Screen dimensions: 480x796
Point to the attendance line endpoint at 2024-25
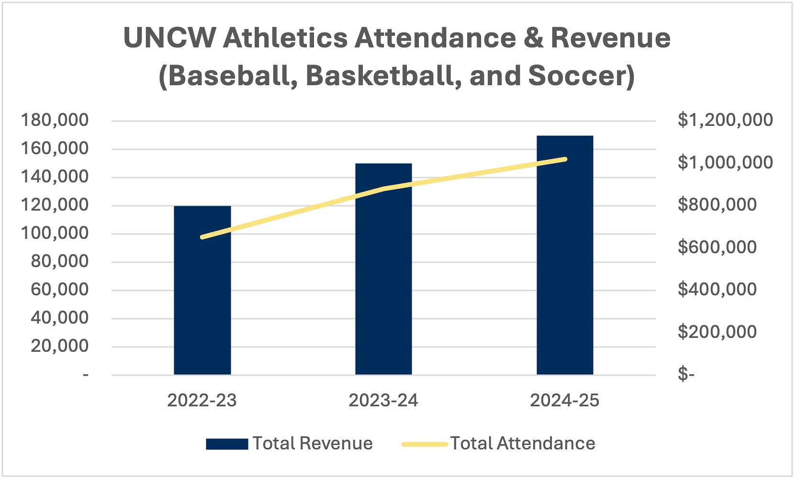(565, 159)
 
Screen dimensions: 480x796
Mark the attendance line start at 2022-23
(202, 237)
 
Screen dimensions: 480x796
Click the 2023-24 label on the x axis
(383, 401)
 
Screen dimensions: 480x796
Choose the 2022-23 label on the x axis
(202, 401)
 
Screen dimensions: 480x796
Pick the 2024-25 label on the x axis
(565, 401)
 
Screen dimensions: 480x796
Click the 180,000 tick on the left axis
(55, 120)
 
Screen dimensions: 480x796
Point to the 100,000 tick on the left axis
(55, 233)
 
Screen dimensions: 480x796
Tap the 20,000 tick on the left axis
(59, 346)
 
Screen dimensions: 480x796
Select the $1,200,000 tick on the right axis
(725, 120)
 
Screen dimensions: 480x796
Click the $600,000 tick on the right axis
(717, 247)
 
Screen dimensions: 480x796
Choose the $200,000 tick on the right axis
(717, 332)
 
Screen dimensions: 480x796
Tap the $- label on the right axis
(686, 374)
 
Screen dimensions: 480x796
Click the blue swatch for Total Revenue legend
(227, 444)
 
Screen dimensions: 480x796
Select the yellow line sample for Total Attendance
(425, 444)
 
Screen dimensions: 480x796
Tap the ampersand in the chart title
(533, 38)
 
